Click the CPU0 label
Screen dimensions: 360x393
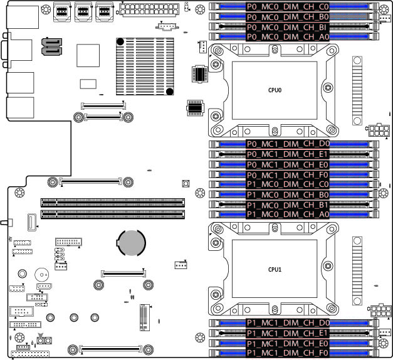coord(275,90)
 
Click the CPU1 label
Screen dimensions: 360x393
coord(275,270)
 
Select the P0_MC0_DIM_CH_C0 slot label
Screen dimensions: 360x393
coord(288,6)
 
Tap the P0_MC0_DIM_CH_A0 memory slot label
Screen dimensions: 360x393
coord(288,37)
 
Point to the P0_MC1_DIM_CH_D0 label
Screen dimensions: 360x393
coord(288,144)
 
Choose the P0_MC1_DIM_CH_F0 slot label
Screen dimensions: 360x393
coord(288,175)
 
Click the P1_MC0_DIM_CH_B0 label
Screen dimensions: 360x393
coord(288,195)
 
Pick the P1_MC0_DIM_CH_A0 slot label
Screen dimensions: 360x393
coord(288,214)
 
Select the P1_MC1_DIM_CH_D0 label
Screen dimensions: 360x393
coord(288,323)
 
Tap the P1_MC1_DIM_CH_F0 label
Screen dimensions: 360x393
coord(288,354)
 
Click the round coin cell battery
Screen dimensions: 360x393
coord(132,241)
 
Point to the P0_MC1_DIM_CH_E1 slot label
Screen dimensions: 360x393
coord(288,154)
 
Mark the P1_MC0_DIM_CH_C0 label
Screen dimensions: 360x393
coord(288,185)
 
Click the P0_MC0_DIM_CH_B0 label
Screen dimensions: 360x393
coord(288,16)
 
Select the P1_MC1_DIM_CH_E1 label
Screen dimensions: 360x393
coord(288,333)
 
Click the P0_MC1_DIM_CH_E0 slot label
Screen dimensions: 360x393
coord(288,164)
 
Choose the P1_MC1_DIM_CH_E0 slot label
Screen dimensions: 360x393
coord(288,344)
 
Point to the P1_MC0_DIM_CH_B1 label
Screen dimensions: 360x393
coord(288,205)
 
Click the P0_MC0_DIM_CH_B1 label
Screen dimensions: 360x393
coord(288,28)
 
